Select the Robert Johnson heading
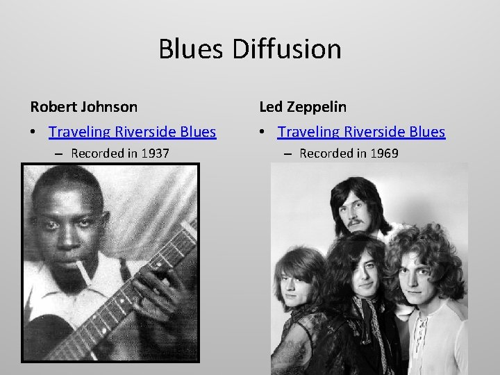(x=83, y=107)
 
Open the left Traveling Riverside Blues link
(x=133, y=132)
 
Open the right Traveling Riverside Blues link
(x=361, y=132)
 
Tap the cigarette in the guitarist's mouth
(x=81, y=269)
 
